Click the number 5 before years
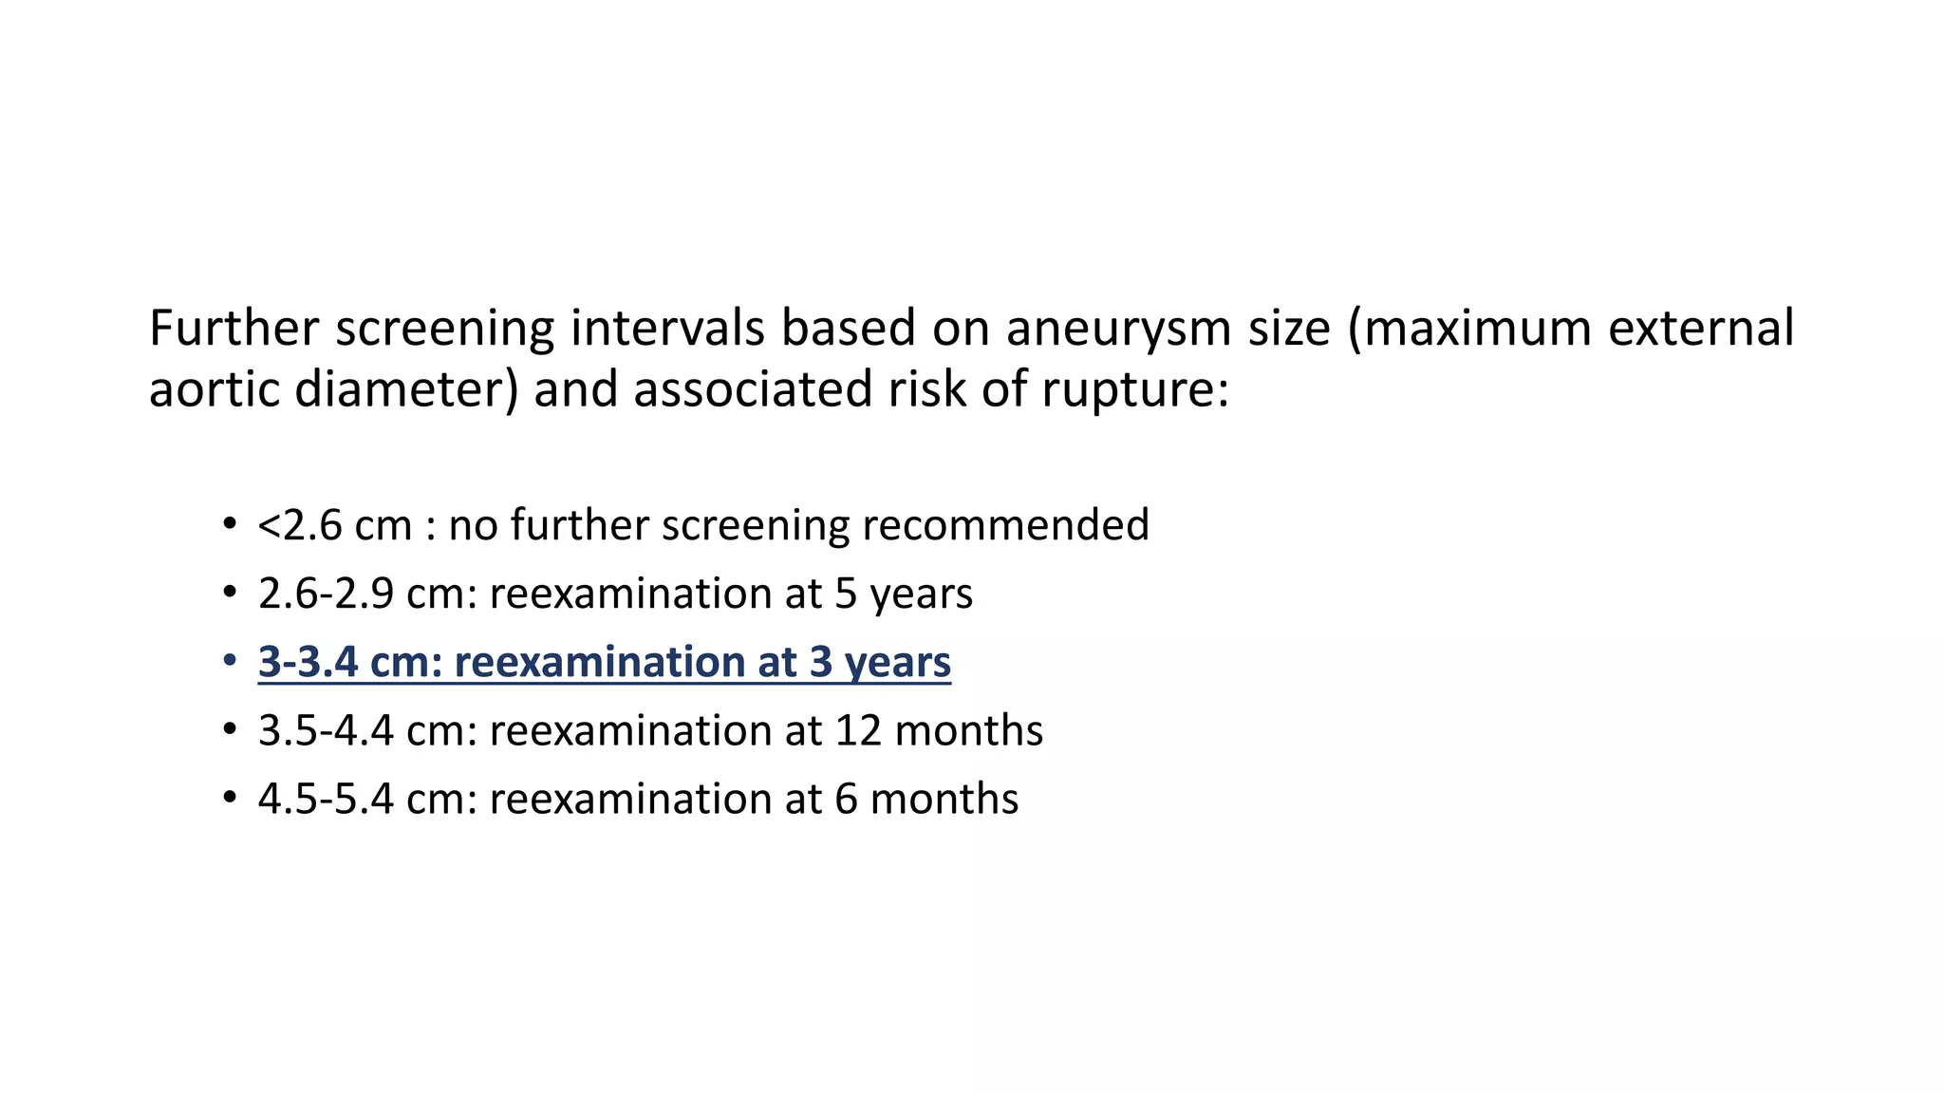[x=846, y=594]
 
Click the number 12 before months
[x=858, y=731]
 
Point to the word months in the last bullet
[x=944, y=800]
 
